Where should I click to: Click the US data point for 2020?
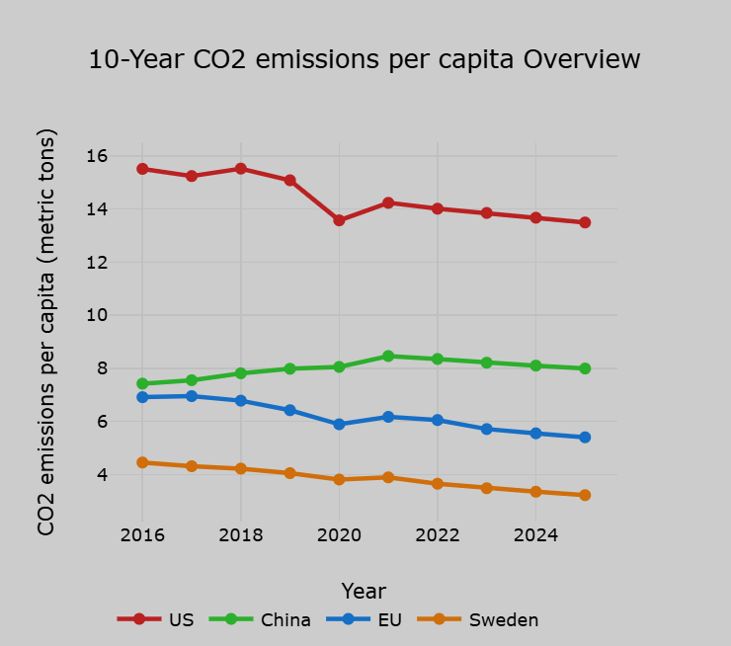339,220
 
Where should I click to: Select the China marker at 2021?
388,356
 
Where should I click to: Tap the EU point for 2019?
289,410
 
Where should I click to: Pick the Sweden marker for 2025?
585,495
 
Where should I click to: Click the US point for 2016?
142,169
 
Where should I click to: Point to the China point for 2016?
142,383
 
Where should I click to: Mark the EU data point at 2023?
486,429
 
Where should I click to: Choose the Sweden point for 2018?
240,468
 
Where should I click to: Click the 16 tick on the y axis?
97,156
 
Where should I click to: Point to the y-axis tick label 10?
97,315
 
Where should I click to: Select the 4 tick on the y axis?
102,475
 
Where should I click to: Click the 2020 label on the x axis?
339,535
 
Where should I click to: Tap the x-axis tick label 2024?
535,535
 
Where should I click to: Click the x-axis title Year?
364,591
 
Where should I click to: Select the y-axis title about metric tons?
46,332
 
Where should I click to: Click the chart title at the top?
365,59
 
